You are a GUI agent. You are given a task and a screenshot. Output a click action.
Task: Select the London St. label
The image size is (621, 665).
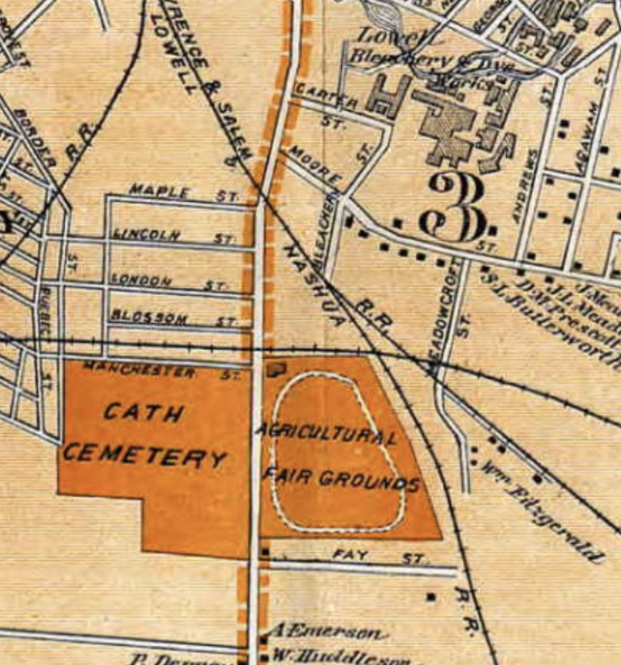point(169,282)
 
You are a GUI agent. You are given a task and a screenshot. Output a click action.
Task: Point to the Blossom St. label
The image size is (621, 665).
point(172,319)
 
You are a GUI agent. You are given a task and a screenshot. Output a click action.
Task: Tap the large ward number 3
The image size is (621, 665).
point(458,210)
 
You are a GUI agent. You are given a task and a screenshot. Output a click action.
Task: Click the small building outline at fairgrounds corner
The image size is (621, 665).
point(278,365)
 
